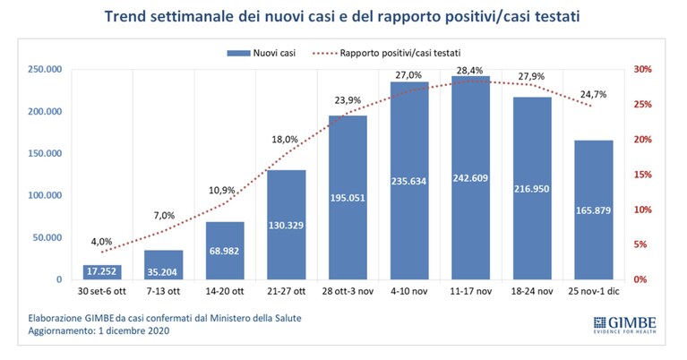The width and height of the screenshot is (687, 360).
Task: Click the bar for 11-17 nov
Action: pyautogui.click(x=470, y=178)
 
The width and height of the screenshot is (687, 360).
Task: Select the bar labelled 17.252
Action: pyautogui.click(x=102, y=272)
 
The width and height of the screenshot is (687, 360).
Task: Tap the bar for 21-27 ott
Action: pyautogui.click(x=287, y=225)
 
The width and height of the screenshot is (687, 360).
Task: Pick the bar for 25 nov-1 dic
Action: pyautogui.click(x=594, y=210)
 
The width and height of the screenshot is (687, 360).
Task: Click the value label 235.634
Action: pyautogui.click(x=408, y=181)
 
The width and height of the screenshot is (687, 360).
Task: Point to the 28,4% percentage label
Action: pyautogui.click(x=469, y=70)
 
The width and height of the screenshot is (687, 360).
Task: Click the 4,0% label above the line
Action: pyautogui.click(x=101, y=241)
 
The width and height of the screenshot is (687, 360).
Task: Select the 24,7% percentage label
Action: pyautogui.click(x=593, y=94)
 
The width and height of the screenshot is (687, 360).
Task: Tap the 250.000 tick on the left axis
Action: pyautogui.click(x=45, y=69)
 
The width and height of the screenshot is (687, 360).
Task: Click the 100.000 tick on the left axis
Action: pyautogui.click(x=45, y=195)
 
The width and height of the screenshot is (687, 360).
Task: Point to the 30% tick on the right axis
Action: pyautogui.click(x=643, y=69)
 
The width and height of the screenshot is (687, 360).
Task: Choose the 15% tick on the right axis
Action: pyautogui.click(x=643, y=175)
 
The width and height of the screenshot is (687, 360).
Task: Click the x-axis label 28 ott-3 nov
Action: pyautogui.click(x=348, y=291)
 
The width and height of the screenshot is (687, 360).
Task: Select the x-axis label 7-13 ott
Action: pyautogui.click(x=163, y=291)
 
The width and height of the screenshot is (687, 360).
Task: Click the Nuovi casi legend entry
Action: pyautogui.click(x=262, y=53)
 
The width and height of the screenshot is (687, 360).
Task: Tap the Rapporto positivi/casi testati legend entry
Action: pyautogui.click(x=386, y=53)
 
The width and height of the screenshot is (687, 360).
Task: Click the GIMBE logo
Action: pyautogui.click(x=625, y=324)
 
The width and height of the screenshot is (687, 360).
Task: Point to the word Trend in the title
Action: pyautogui.click(x=124, y=17)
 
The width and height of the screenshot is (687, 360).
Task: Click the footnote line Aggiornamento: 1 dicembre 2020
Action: pyautogui.click(x=99, y=330)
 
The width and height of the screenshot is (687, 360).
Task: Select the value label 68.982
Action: pyautogui.click(x=224, y=252)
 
